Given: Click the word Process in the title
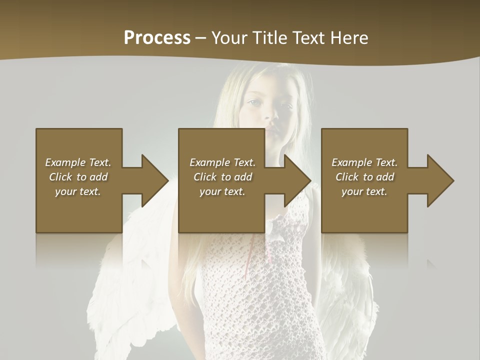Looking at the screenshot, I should [157, 38].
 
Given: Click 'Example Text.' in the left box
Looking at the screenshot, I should [78, 162].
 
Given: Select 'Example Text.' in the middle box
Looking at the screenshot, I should [222, 162].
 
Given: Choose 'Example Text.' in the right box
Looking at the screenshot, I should [364, 162].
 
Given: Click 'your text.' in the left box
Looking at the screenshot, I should [78, 191].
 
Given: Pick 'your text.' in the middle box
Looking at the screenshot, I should [222, 191].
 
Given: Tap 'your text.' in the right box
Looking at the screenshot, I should [364, 191].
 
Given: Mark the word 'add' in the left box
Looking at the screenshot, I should [98, 177].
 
